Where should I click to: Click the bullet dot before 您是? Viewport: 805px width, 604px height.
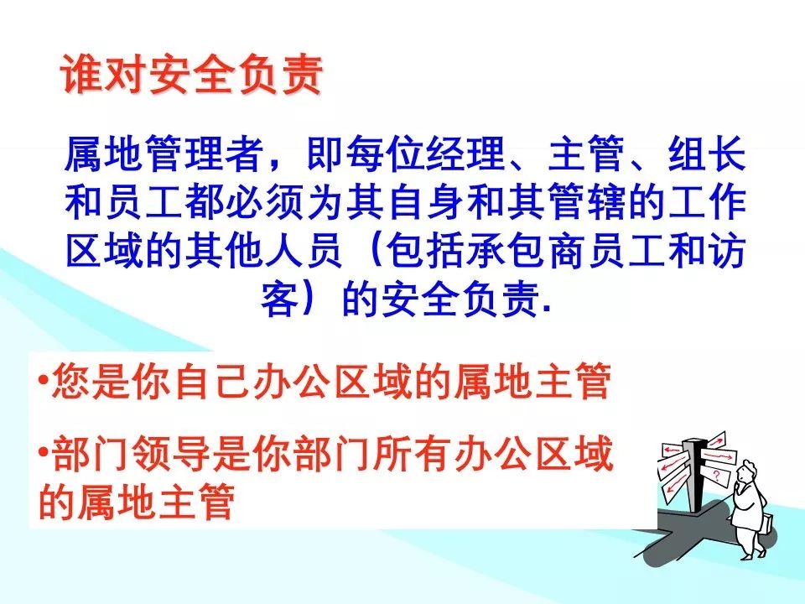[x=43, y=383]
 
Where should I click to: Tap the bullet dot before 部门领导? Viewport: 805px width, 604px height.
[x=43, y=454]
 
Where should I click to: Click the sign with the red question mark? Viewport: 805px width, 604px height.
[x=717, y=476]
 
